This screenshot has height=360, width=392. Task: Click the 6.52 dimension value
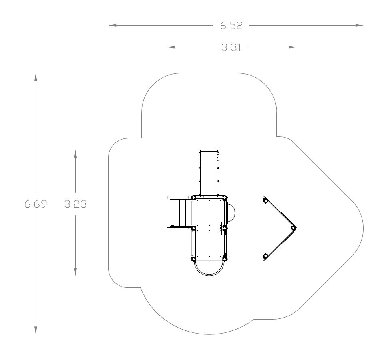pyautogui.click(x=231, y=26)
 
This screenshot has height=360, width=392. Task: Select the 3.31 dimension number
pyautogui.click(x=231, y=47)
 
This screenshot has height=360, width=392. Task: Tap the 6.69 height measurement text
pyautogui.click(x=36, y=204)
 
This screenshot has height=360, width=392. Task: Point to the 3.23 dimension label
pyautogui.click(x=76, y=204)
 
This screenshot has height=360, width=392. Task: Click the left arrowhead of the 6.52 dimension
pyautogui.click(x=113, y=25)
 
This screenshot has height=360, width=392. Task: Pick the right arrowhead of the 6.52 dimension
pyautogui.click(x=359, y=25)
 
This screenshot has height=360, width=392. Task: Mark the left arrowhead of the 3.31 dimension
pyautogui.click(x=171, y=47)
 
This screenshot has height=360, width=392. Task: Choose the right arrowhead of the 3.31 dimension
pyautogui.click(x=293, y=47)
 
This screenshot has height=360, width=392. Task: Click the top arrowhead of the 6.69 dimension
pyautogui.click(x=36, y=77)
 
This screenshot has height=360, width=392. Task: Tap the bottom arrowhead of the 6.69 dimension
pyautogui.click(x=36, y=330)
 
